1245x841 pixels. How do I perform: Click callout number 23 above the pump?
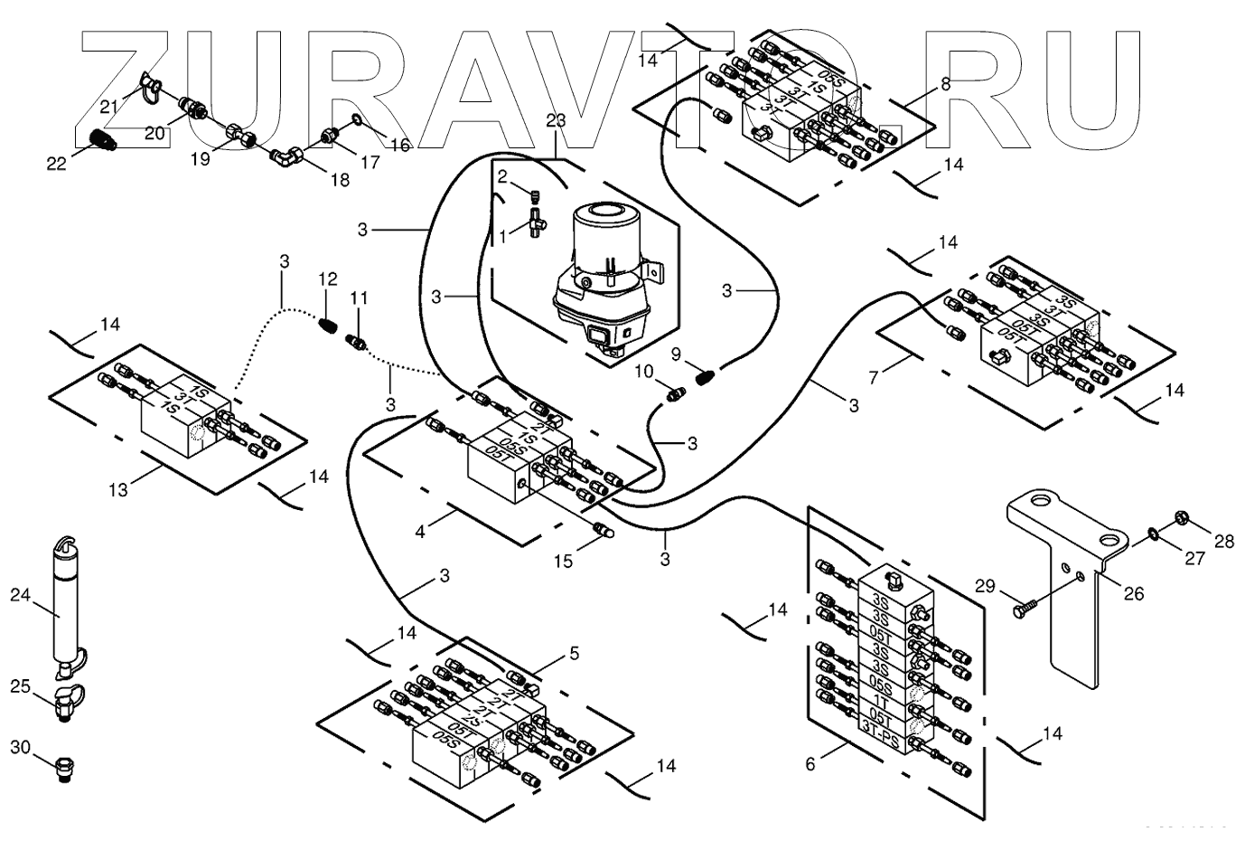click(x=556, y=119)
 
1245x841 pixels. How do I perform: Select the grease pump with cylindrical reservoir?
click(x=604, y=280)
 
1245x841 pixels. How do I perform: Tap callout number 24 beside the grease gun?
click(x=20, y=594)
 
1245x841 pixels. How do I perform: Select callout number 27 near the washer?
click(x=1194, y=558)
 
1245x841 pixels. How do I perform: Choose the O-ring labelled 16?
click(x=359, y=119)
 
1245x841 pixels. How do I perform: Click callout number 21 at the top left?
click(x=109, y=107)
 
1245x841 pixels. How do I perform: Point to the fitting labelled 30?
click(x=67, y=769)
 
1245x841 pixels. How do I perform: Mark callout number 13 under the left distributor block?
click(x=119, y=489)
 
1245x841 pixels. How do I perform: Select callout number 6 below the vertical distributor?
click(x=810, y=764)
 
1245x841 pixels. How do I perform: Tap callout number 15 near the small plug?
click(x=563, y=561)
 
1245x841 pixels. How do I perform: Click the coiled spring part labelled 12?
click(x=328, y=323)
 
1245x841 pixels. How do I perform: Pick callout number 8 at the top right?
click(x=945, y=84)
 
